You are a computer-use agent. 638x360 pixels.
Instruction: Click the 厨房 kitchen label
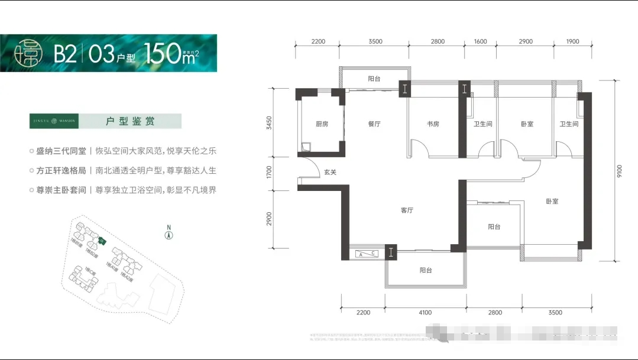coord(322,124)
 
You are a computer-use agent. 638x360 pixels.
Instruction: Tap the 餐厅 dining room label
coord(374,124)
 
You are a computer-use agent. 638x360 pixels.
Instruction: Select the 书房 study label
coord(433,124)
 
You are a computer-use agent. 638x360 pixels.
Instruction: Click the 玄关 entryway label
coord(330,173)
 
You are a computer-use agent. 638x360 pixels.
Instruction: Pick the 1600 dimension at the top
coord(481,41)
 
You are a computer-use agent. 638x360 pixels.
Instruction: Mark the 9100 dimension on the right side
coord(619,171)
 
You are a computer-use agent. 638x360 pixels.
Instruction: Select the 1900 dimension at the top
coord(572,41)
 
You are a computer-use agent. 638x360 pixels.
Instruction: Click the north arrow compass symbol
coord(169,235)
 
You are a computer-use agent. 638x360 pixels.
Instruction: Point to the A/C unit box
coord(367,254)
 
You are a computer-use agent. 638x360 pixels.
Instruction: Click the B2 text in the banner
coord(65,54)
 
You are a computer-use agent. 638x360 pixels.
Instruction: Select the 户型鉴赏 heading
coord(130,121)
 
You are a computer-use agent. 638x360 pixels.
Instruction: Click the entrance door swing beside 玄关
coord(306,168)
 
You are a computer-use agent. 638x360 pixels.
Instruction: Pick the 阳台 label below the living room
coord(426,270)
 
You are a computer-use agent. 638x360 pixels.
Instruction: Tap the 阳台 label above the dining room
coord(374,79)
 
